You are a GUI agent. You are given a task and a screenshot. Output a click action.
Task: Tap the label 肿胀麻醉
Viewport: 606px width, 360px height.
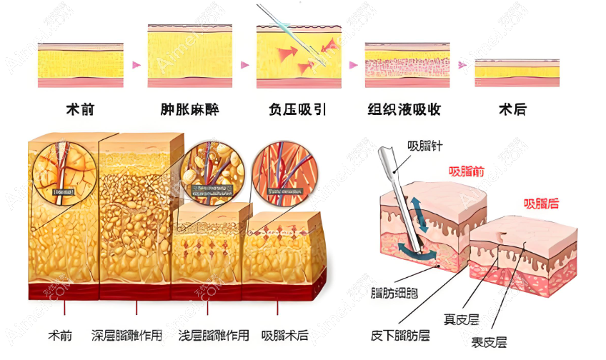tap(189, 109)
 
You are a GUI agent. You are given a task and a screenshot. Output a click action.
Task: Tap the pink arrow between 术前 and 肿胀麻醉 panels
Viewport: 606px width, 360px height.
tap(136, 64)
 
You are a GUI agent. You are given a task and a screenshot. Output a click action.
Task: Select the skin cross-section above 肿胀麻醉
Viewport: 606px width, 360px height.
tap(189, 56)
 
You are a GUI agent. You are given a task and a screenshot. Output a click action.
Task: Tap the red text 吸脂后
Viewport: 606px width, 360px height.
tap(541, 204)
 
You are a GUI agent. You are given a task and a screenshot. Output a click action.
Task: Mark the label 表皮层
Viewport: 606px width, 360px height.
tap(490, 343)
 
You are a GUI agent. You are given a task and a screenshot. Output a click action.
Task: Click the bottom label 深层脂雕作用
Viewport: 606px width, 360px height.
tap(127, 335)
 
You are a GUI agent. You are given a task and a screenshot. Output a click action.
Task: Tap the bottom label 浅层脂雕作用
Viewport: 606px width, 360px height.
tap(214, 335)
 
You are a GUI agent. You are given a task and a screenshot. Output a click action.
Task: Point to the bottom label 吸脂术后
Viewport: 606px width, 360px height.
tap(284, 335)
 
